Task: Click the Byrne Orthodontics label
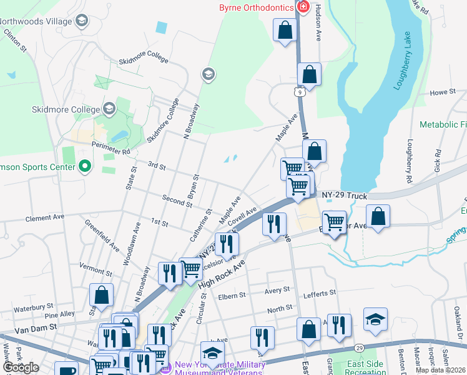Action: (257, 7)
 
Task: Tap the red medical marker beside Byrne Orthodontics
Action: (303, 7)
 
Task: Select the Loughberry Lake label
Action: (403, 61)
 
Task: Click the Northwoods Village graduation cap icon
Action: (81, 22)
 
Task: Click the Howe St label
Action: (443, 92)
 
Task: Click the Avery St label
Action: (277, 290)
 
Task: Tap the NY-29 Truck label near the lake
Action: (345, 196)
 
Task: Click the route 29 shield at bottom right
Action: (359, 347)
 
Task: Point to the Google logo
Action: (21, 367)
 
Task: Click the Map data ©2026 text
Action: (440, 371)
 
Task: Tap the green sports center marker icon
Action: (85, 167)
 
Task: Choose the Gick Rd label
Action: (438, 161)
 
